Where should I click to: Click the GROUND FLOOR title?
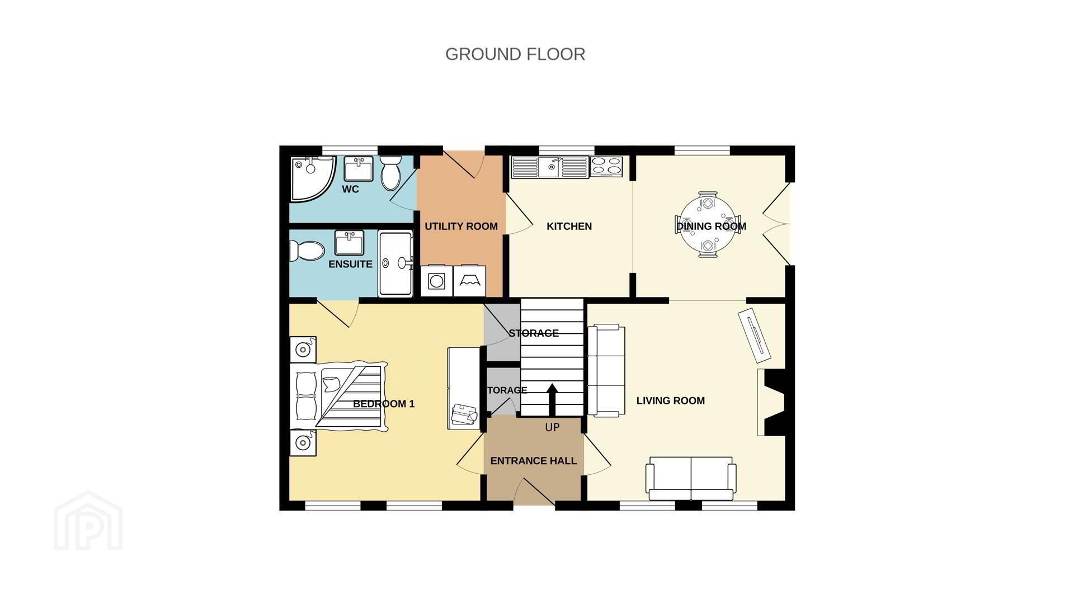coord(515,54)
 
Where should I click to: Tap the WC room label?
coord(351,190)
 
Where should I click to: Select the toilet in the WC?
coord(390,173)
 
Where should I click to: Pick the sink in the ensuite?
coord(349,243)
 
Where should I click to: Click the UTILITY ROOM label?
coord(461,226)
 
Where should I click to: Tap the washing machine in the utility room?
coord(436,280)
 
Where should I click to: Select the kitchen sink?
coord(552,167)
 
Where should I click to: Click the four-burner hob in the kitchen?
coord(606,166)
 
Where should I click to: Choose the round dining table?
coord(708,225)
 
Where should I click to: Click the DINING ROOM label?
coord(712,226)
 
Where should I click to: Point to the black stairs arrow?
coord(552,400)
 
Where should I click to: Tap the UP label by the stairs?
coord(552,428)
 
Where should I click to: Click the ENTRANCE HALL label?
coord(534,461)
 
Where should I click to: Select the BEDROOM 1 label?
coord(384,404)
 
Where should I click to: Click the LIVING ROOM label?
coord(671,400)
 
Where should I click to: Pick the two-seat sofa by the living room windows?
coord(691,478)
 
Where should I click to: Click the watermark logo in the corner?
coord(88,521)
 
